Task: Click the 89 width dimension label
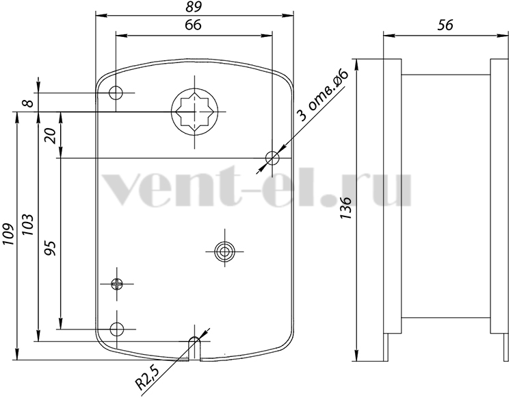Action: tap(194, 7)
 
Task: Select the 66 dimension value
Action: tap(193, 25)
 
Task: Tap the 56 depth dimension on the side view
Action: tap(445, 25)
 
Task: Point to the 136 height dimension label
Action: tap(345, 208)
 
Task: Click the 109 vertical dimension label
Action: tap(8, 234)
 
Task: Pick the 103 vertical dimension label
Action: tap(27, 225)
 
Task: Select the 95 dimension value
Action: tap(51, 248)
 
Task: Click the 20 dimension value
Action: tap(51, 136)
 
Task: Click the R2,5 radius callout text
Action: tap(147, 379)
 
